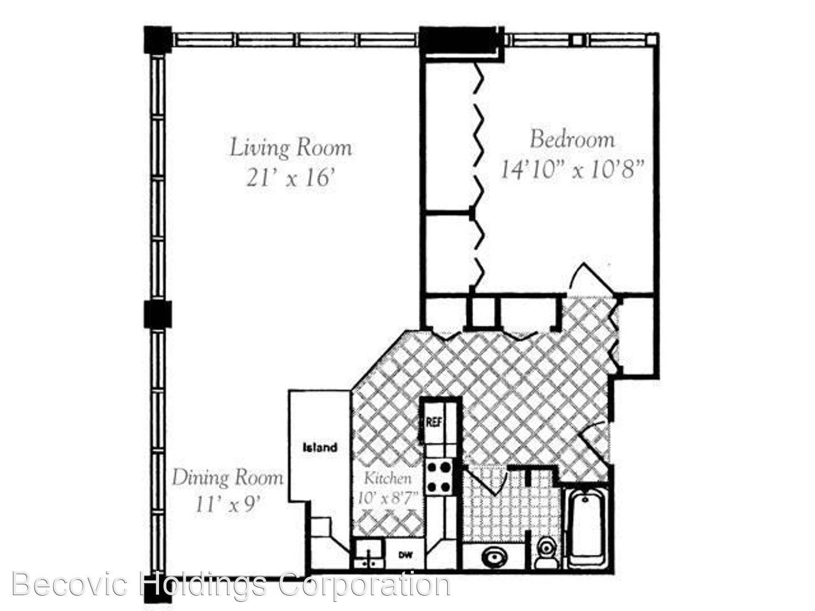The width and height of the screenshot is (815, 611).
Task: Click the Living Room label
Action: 291,148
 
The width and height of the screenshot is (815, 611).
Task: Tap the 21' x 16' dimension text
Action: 291,179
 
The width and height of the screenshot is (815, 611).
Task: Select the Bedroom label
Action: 572,140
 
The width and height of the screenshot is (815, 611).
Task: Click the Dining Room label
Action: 228,478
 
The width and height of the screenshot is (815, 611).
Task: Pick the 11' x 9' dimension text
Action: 226,505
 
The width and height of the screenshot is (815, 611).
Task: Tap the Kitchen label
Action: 388,479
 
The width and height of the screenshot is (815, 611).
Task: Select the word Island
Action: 320,448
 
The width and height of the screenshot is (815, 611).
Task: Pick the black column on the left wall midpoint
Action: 158,314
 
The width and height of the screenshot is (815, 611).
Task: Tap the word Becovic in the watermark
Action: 72,585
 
